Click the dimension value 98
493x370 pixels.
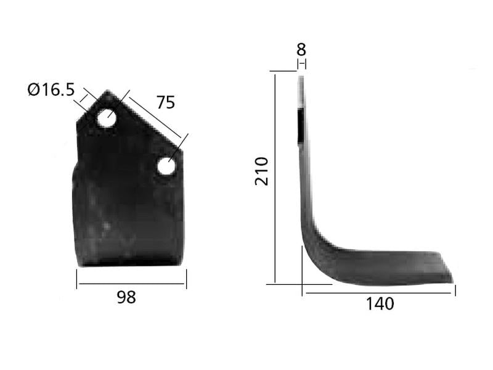126,297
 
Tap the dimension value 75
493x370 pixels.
165,102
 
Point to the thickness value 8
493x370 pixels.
301,49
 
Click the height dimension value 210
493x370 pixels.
262,171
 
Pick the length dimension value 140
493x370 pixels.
380,303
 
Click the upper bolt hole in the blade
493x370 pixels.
106,118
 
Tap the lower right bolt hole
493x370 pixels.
166,165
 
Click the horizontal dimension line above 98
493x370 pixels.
131,284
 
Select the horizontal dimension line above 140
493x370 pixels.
379,294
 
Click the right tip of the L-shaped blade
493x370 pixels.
452,281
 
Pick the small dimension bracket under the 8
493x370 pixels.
301,64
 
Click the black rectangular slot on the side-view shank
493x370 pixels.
299,125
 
